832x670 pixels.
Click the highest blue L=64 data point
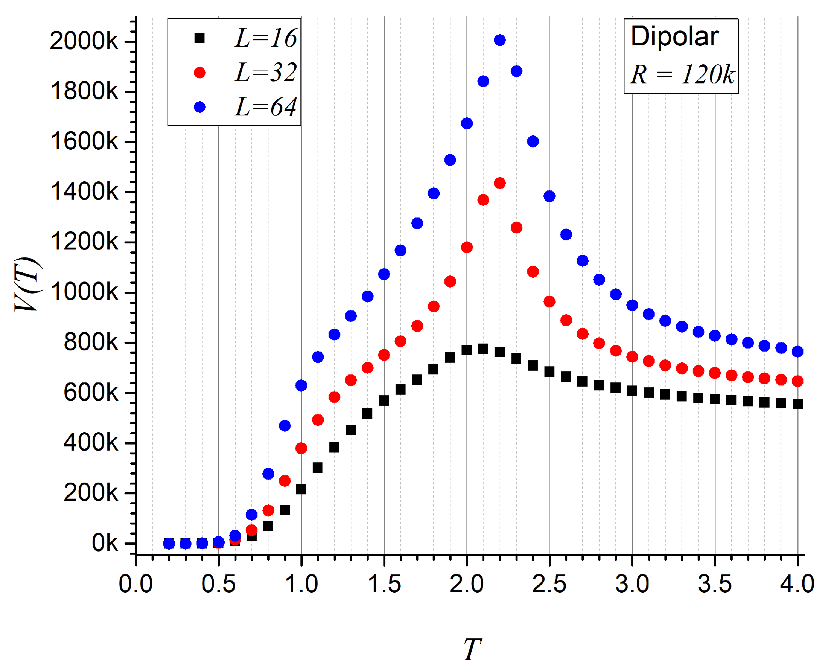pos(500,40)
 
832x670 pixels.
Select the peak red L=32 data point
pos(500,183)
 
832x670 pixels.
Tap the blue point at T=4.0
pos(798,352)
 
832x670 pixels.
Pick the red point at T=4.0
pos(798,381)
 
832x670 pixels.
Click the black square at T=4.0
pos(798,404)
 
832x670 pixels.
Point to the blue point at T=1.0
pos(301,385)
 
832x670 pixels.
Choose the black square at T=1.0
pos(301,489)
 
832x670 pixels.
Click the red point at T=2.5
pos(549,301)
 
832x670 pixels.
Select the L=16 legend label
pos(266,38)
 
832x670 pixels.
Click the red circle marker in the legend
pos(200,72)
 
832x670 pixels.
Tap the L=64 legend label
pos(266,107)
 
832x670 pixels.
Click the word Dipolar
pos(675,37)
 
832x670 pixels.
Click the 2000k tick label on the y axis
pos(84,40)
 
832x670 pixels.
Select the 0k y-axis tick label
pos(105,544)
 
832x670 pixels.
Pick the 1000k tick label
pos(84,292)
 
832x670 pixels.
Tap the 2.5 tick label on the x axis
pos(549,584)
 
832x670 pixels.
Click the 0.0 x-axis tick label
pos(136,584)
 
